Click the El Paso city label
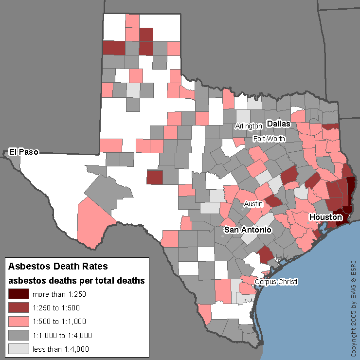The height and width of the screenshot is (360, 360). [x=24, y=152]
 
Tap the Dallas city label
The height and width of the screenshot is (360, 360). [x=278, y=124]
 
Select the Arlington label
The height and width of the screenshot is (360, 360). [x=249, y=126]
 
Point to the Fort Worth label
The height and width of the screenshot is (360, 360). [x=269, y=139]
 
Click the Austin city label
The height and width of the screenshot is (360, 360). [x=253, y=204]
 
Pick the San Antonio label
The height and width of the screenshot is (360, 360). [x=247, y=229]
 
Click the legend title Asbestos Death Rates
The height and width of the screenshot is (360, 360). [x=58, y=267]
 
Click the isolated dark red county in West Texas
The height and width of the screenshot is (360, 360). [x=155, y=178]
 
